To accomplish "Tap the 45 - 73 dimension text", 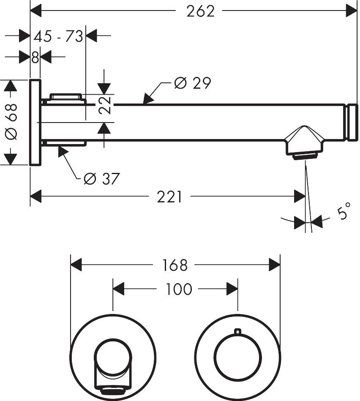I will coord(58,36).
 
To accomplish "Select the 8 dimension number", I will coord(35,57).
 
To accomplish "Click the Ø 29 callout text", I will coord(192,83).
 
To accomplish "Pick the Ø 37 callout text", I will coord(101,179).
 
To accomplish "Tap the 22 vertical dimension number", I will coord(106,105).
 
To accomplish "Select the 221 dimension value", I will coord(169,196).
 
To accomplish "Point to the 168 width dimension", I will coord(175,265).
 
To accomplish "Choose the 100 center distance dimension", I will coord(178,289).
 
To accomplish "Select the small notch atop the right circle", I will coord(237,332).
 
